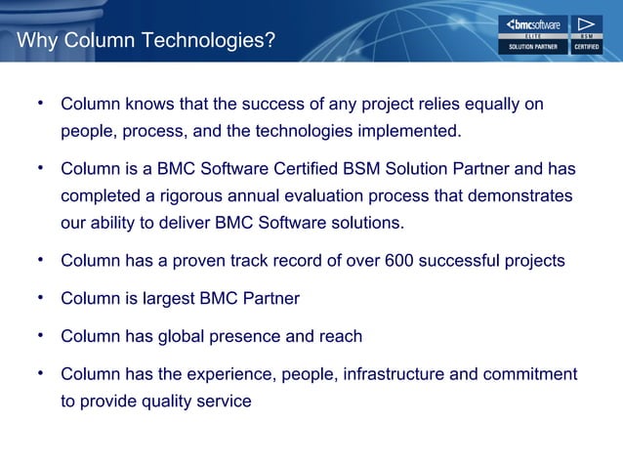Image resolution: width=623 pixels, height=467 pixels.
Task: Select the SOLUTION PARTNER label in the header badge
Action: [532, 46]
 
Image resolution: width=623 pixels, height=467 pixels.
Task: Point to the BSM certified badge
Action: [585, 35]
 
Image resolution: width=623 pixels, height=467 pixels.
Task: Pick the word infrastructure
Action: [391, 375]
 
